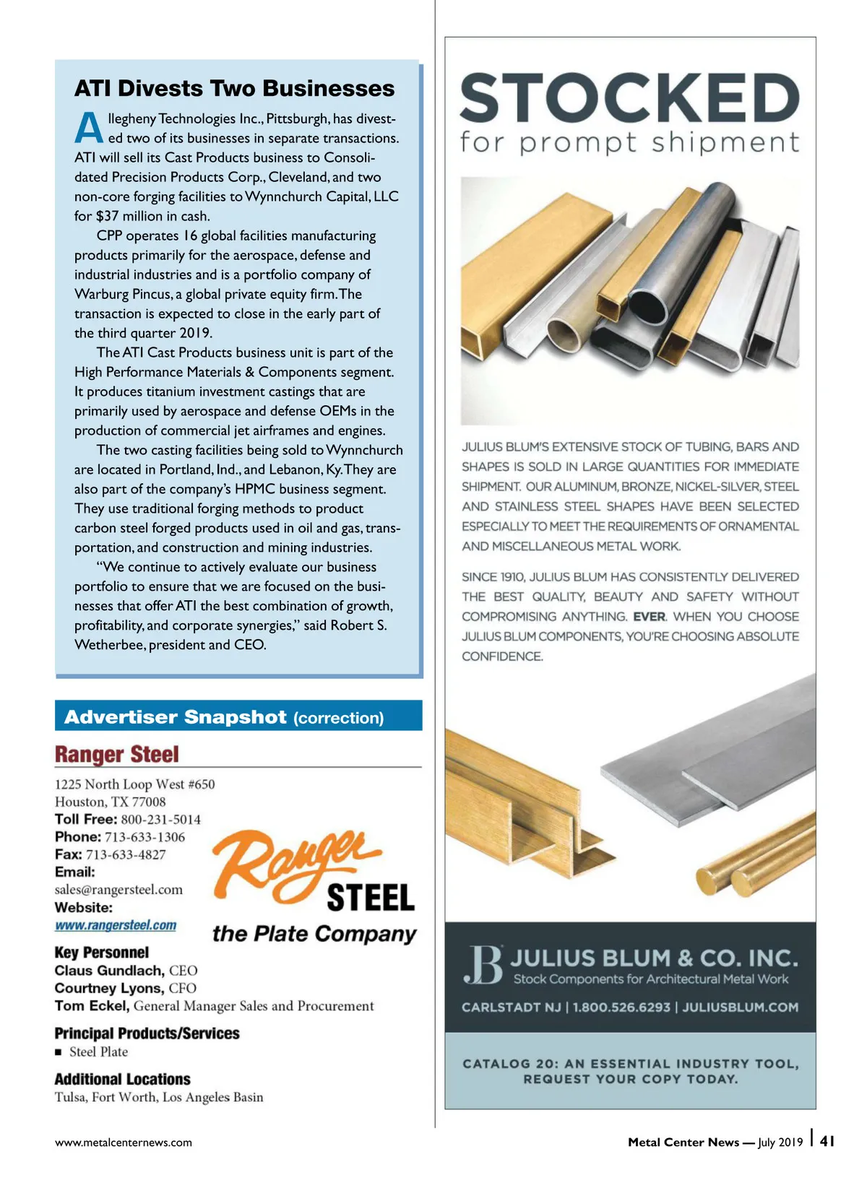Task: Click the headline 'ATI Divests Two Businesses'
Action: pyautogui.click(x=234, y=89)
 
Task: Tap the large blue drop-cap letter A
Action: pyautogui.click(x=89, y=129)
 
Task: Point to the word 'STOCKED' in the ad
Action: pyautogui.click(x=629, y=97)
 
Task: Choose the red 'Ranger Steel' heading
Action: pyautogui.click(x=117, y=755)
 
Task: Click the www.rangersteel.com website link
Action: pyautogui.click(x=116, y=926)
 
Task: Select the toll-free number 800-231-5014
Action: pyautogui.click(x=160, y=820)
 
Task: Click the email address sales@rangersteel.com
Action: pyautogui.click(x=118, y=890)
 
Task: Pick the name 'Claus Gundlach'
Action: pyautogui.click(x=109, y=971)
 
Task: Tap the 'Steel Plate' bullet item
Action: pyautogui.click(x=98, y=1052)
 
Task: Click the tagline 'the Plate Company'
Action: pyautogui.click(x=314, y=934)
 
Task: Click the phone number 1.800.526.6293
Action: pyautogui.click(x=621, y=1007)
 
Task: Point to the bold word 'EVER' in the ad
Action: pyautogui.click(x=650, y=617)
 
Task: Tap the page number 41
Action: pyautogui.click(x=828, y=1141)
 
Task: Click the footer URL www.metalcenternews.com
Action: pyautogui.click(x=124, y=1143)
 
